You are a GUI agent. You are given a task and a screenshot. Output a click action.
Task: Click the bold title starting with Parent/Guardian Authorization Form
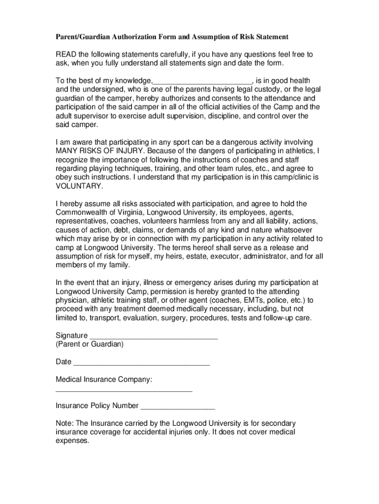(x=172, y=37)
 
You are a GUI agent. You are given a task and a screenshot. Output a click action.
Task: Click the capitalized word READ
(x=66, y=54)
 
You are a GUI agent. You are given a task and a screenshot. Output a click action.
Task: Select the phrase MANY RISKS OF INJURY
(x=99, y=151)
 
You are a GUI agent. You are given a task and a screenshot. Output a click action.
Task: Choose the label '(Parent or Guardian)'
(x=90, y=344)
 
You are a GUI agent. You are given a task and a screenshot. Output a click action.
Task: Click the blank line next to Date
(x=141, y=363)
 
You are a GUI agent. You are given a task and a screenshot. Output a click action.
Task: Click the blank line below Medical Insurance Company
(x=124, y=390)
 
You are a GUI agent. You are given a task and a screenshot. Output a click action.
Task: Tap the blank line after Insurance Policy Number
(x=178, y=407)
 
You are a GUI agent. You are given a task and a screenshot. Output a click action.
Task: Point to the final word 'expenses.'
(x=73, y=441)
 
